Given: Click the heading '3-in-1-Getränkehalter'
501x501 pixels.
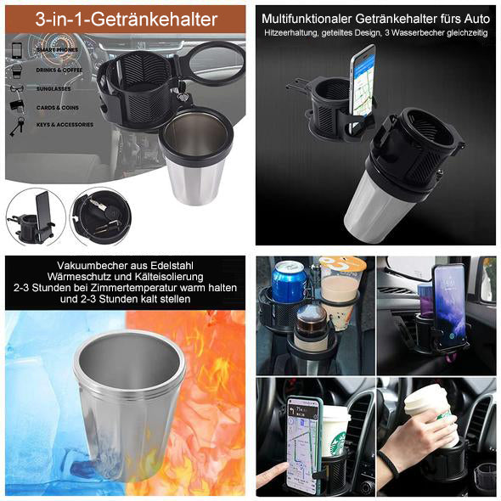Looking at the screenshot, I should [126, 19].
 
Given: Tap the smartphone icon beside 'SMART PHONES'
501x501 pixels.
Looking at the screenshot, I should [17, 50].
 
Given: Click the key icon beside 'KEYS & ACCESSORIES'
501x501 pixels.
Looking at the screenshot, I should [16, 125].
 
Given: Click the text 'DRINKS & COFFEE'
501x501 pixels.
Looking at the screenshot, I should [60, 70].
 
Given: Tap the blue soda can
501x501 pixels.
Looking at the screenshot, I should [289, 283].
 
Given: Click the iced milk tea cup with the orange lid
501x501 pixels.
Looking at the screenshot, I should [341, 289].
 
